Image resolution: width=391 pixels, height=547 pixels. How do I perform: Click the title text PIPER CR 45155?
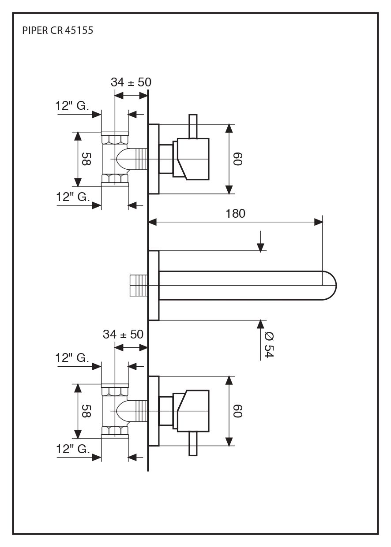pos(58,30)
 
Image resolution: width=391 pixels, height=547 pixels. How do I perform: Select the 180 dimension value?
pos(235,214)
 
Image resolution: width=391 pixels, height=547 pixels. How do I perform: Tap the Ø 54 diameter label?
pos(269,345)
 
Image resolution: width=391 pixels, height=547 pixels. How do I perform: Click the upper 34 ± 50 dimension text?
pos(131,82)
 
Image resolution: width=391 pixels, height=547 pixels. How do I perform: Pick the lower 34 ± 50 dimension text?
pos(123,334)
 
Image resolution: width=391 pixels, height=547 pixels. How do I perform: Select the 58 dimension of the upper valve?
pos(86,159)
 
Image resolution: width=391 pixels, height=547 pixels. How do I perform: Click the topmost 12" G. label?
pos(72,106)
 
